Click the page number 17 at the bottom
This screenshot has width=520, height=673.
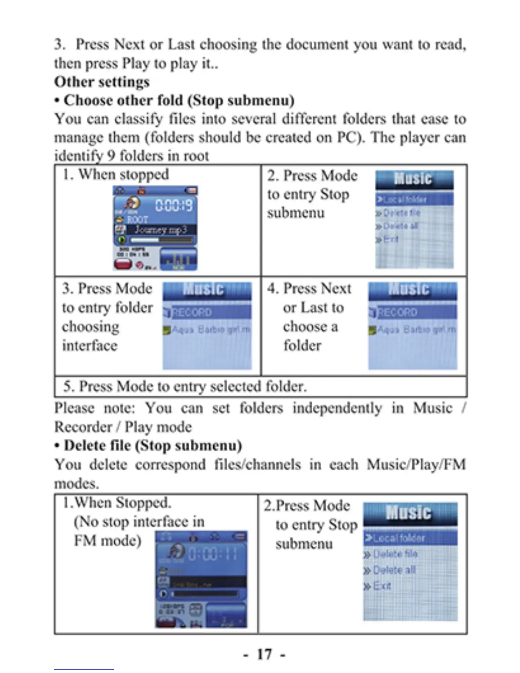click(x=264, y=654)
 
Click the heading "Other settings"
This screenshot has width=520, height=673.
click(x=102, y=82)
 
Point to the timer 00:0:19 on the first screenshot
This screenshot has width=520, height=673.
click(x=174, y=206)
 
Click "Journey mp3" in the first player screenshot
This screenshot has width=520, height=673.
click(x=161, y=230)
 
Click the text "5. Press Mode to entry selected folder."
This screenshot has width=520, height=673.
click(x=185, y=386)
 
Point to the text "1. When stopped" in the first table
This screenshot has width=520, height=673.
click(x=116, y=174)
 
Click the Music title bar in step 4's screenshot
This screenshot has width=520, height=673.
click(x=413, y=290)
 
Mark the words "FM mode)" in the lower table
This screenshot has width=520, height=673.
click(x=107, y=540)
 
